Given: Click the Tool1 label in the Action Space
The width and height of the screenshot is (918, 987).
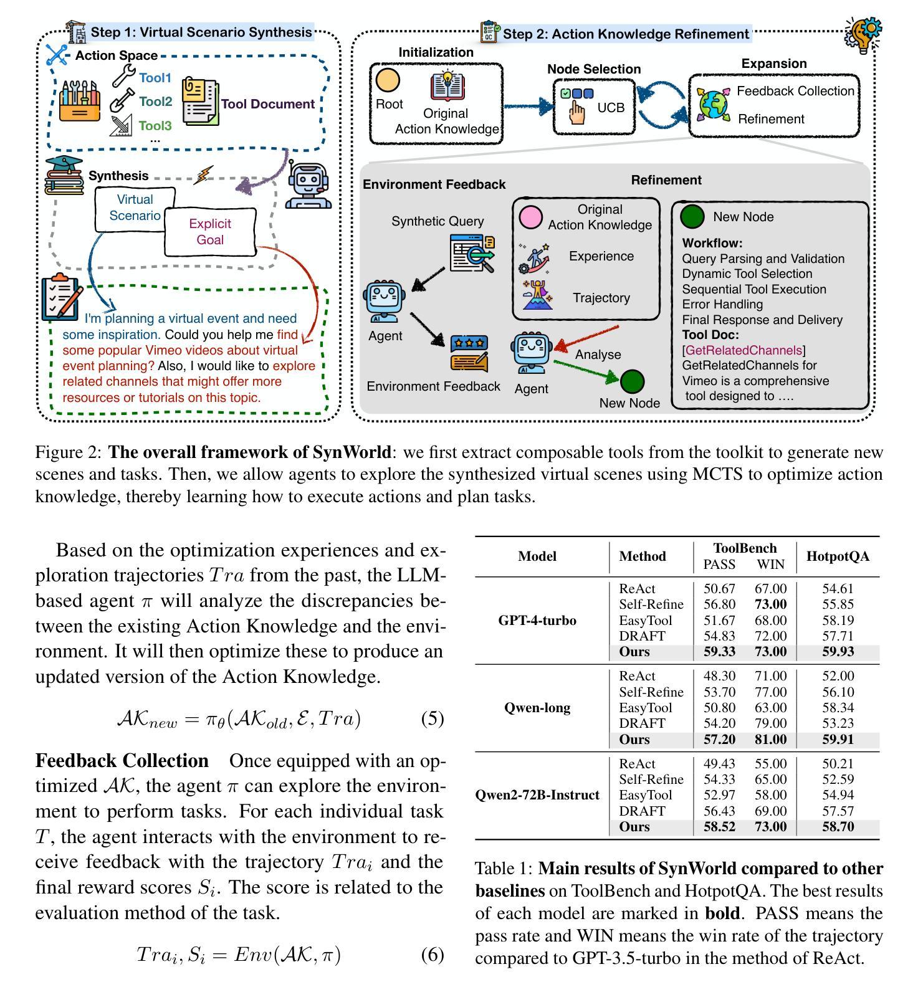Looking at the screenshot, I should [155, 78].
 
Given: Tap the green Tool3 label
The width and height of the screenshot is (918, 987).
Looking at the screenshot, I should [155, 126].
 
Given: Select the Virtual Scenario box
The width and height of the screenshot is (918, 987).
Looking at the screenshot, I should [135, 207].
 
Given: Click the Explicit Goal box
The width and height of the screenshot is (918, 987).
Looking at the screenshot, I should [210, 232].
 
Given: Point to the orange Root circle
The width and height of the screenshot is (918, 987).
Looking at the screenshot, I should [388, 80].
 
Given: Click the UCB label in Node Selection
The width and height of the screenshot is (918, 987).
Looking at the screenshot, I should [610, 108].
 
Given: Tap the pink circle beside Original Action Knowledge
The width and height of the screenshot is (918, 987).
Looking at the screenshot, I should [530, 217].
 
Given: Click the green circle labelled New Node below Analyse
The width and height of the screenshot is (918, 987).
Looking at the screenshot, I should [632, 381].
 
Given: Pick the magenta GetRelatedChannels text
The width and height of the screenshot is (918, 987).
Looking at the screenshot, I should [743, 350].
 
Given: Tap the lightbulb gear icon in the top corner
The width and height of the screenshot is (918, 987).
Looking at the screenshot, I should [863, 34].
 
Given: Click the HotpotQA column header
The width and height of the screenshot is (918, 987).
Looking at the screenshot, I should [837, 556].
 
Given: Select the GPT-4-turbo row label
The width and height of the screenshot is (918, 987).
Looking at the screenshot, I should [537, 621].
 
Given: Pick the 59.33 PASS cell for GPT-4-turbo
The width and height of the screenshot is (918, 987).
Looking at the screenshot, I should [719, 652].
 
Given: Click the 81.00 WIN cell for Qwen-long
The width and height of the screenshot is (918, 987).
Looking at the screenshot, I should [770, 740].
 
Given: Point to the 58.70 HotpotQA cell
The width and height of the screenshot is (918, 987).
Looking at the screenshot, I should [838, 827].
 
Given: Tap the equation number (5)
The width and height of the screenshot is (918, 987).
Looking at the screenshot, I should [432, 718].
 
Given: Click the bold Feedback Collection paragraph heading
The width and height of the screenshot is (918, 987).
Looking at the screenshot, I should [122, 761].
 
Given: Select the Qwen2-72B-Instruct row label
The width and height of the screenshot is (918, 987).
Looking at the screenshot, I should [537, 795].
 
